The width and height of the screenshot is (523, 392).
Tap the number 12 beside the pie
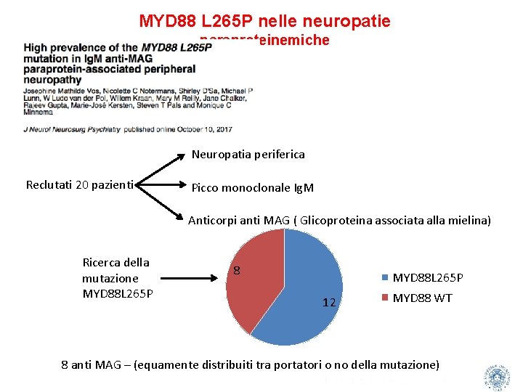328,302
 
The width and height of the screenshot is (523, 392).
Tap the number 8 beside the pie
237,271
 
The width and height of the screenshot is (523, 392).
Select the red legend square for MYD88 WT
385,298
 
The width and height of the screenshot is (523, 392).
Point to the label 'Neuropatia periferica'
248,154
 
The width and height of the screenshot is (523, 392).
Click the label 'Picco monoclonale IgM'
252,188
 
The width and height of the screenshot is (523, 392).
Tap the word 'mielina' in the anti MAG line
470,220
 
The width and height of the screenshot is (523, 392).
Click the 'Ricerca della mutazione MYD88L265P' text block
116,278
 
